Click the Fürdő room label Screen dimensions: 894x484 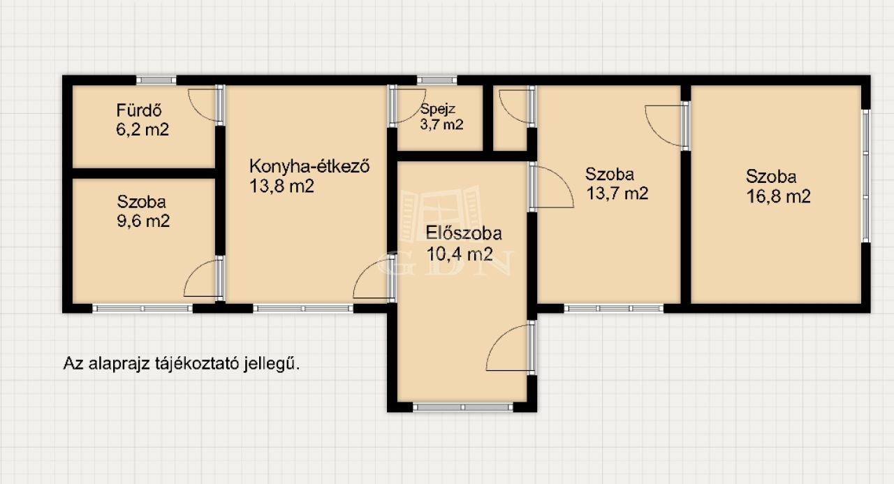tap(139, 110)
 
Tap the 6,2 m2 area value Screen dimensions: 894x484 tap(142, 130)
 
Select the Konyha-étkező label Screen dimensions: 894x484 tap(309, 166)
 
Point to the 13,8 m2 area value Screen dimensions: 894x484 tap(281, 186)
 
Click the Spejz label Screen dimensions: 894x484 tap(438, 109)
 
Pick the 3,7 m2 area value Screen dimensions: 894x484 tap(441, 124)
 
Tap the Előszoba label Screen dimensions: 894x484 tap(464, 233)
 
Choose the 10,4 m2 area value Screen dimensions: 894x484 tap(460, 254)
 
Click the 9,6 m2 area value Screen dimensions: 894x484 tap(143, 221)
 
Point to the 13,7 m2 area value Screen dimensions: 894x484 tap(617, 193)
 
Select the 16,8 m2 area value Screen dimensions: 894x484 tap(778, 196)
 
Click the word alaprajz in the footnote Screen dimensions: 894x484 tap(119, 364)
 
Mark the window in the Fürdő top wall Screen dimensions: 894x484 tap(156, 80)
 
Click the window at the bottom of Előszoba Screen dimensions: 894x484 tap(462, 407)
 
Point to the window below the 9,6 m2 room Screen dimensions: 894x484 tap(142, 309)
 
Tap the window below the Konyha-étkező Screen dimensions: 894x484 tap(303, 309)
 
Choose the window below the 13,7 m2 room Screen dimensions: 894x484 tap(614, 309)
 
